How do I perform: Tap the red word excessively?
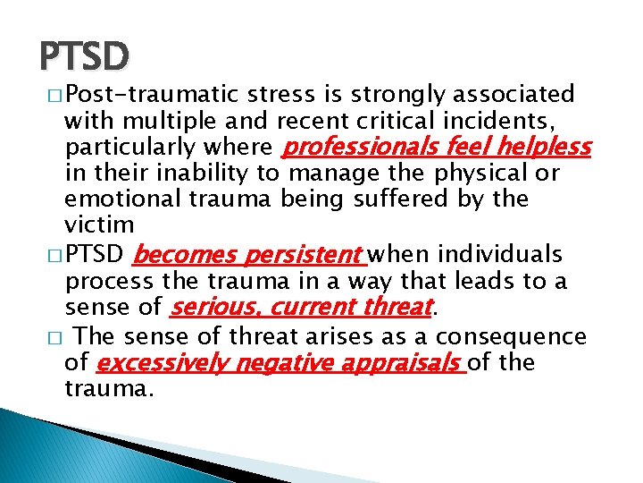coord(158,364)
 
